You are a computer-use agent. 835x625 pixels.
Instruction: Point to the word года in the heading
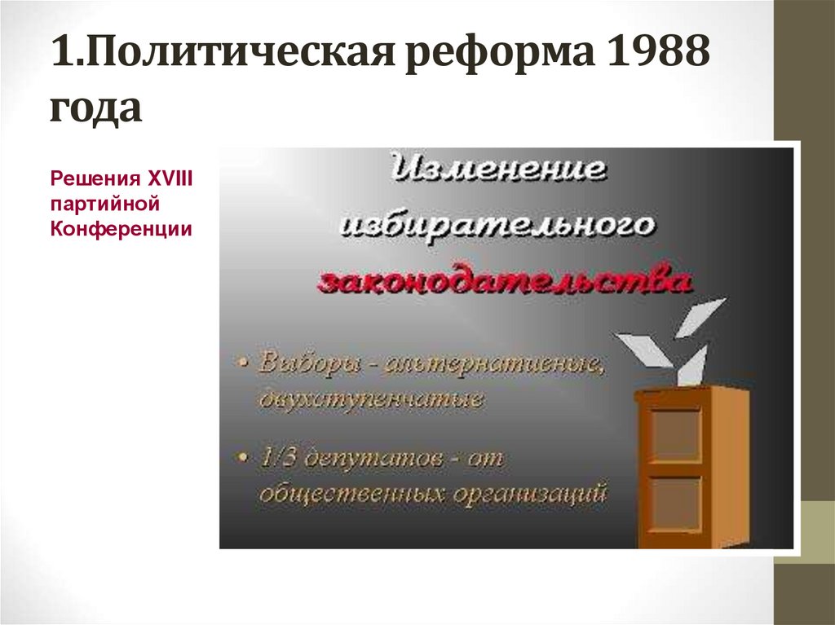95,108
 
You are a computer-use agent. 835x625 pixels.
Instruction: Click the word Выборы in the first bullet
309,363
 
